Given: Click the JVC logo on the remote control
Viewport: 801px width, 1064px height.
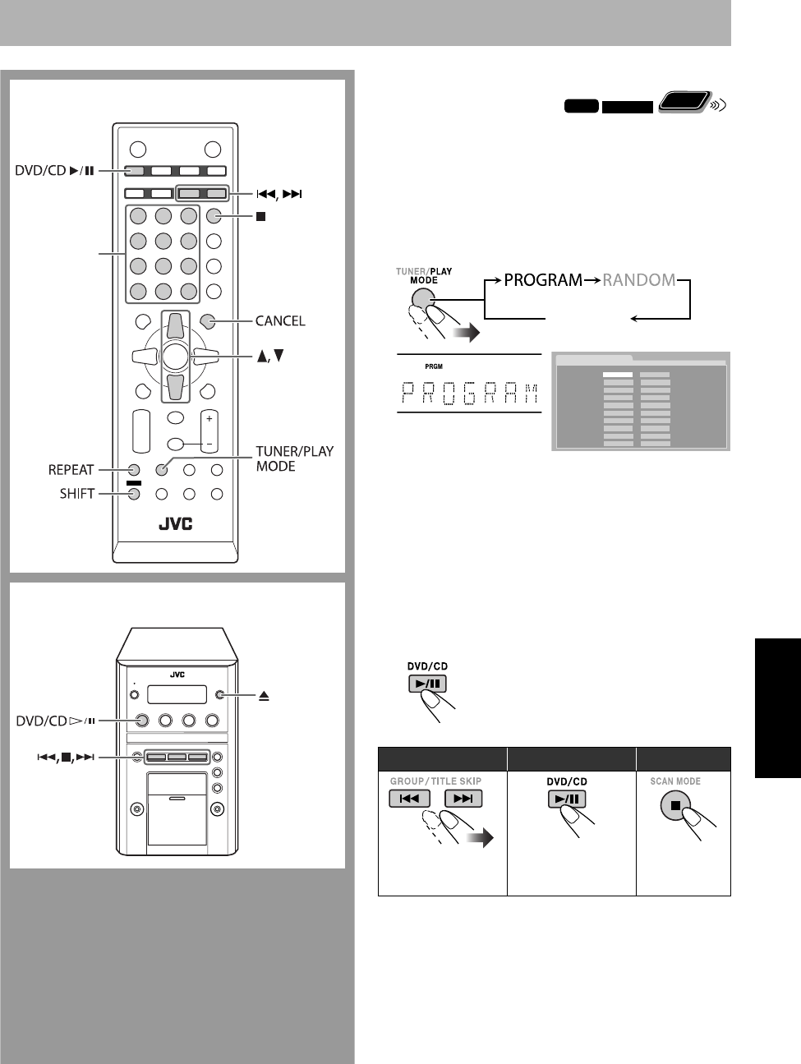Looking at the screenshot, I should pos(175,523).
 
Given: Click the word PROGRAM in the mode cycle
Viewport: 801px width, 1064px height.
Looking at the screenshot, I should pos(543,280).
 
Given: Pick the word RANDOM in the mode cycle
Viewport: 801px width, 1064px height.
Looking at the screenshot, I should pos(639,280).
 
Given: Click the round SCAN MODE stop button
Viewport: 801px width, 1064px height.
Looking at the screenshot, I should pos(674,804).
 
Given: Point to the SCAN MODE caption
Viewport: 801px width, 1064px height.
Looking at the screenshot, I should pos(675,781).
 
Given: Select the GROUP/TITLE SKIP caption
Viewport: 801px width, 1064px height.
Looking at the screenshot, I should pos(435,781).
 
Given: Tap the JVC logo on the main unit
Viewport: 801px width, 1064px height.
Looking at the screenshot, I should pos(177,675).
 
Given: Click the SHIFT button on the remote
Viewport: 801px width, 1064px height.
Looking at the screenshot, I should pos(133,495).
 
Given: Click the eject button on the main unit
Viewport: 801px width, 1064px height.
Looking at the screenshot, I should pos(219,694).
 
